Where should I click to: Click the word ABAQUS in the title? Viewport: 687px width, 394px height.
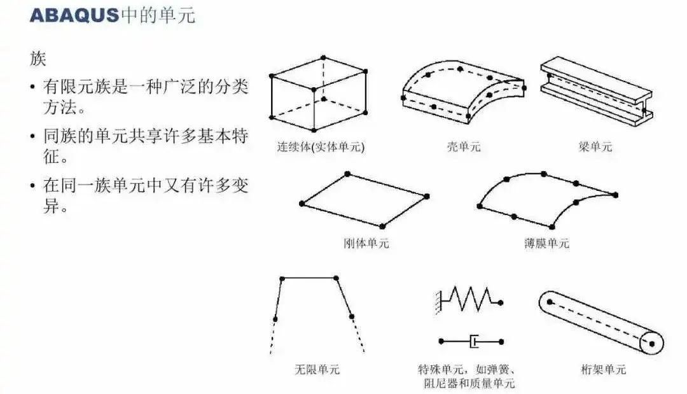click(x=74, y=16)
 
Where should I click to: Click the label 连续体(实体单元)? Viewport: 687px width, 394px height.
click(x=321, y=146)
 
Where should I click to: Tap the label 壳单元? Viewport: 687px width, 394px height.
click(x=464, y=146)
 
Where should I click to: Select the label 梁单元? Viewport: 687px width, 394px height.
click(x=595, y=146)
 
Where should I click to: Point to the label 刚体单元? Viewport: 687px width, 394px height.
click(x=366, y=243)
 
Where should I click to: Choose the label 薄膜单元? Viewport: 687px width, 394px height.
click(x=547, y=243)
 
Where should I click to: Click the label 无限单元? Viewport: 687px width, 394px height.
click(x=317, y=369)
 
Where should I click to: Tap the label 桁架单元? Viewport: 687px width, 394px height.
click(x=604, y=369)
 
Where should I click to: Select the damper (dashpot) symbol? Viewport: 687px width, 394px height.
click(x=471, y=341)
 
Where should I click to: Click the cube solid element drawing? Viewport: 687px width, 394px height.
click(x=319, y=94)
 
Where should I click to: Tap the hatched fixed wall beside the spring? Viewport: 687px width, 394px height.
click(x=438, y=302)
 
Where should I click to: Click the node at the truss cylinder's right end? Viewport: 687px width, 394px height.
click(x=651, y=344)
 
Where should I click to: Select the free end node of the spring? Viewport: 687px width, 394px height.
click(x=501, y=302)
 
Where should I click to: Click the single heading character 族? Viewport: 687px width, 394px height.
click(x=38, y=59)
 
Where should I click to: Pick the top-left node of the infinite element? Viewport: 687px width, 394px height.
click(x=282, y=279)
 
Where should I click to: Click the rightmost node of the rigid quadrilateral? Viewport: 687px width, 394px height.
click(x=427, y=196)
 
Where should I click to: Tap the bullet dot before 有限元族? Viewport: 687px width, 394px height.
click(x=33, y=87)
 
